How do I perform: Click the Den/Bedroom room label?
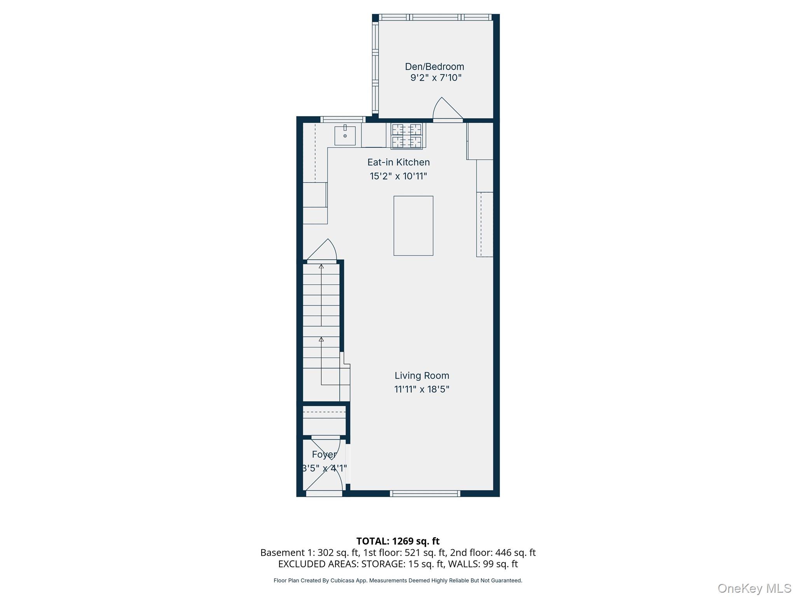pos(435,66)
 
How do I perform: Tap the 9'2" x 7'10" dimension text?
pos(436,78)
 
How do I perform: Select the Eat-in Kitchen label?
pos(398,162)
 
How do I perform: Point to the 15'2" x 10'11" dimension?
pos(398,176)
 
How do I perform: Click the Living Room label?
pos(422,375)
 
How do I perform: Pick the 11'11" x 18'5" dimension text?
pos(422,389)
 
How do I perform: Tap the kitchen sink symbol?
pos(345,135)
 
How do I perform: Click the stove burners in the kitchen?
pos(407,136)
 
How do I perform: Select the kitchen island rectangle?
pos(413,226)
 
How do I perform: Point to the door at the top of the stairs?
pos(322,251)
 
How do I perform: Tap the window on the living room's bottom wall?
pos(425,494)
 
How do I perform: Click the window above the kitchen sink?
pos(342,119)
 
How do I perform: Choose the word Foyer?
pos(324,454)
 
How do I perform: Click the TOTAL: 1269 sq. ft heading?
pos(398,541)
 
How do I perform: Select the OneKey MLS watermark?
pos(754,588)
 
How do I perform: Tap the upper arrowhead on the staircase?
pos(321,266)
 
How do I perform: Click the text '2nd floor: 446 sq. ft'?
pos(493,552)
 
